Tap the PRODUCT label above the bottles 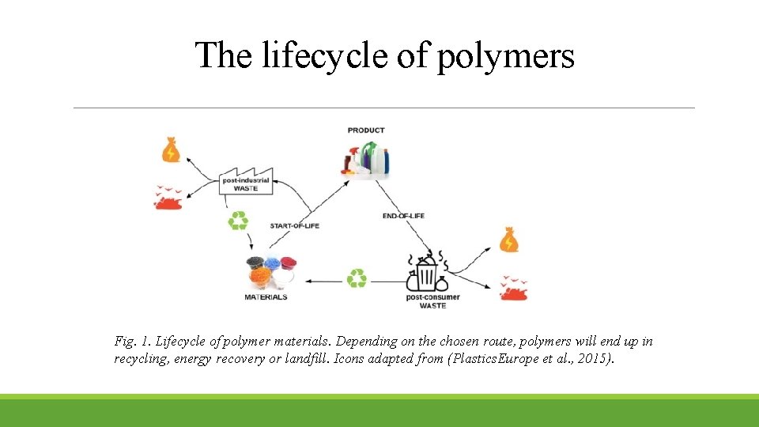(366, 130)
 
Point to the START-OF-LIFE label (294, 226)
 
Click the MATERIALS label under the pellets (266, 297)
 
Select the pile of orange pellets (259, 278)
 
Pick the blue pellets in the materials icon (273, 263)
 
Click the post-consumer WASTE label (432, 301)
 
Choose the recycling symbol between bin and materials (357, 278)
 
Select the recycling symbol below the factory (238, 221)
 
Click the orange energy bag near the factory (171, 149)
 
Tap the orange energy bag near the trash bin (509, 240)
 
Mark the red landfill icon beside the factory (168, 198)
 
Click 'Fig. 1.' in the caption (132, 342)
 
